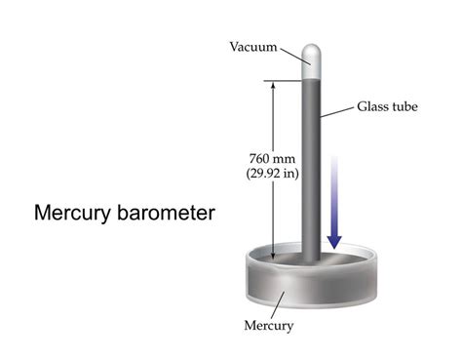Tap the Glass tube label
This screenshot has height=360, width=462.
click(388, 105)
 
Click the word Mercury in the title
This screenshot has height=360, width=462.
click(70, 212)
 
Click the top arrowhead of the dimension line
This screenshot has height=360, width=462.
click(275, 86)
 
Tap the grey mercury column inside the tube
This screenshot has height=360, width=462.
click(310, 166)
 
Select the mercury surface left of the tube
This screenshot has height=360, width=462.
click(278, 261)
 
